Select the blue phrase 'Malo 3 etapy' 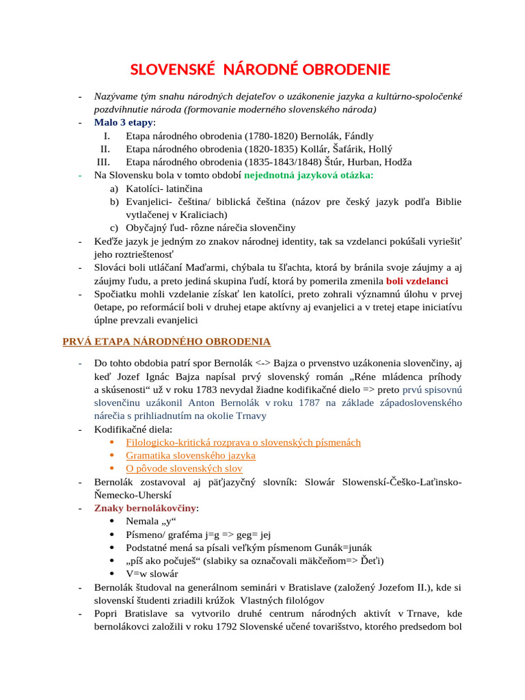pos(124,122)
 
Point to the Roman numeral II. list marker pos(105,149)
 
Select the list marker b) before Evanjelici pos(114,202)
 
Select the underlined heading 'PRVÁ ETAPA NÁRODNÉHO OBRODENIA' pos(167,342)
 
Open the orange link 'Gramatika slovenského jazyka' pos(191,455)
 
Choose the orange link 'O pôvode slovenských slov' pos(184,468)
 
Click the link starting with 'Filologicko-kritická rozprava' pos(243,442)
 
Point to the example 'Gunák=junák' pos(344,548)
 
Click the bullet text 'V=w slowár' pos(152,574)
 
